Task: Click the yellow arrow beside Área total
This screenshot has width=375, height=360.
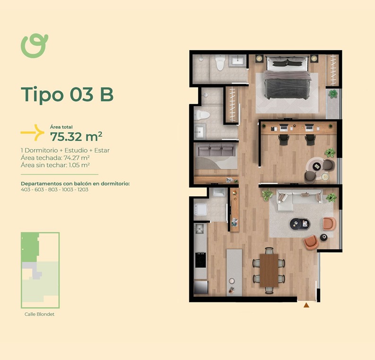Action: click(33, 132)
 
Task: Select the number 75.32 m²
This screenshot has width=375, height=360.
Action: click(76, 137)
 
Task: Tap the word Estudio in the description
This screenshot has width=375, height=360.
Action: click(76, 150)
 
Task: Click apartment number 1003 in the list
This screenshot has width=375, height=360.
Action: click(68, 189)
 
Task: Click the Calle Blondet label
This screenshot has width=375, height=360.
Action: click(39, 314)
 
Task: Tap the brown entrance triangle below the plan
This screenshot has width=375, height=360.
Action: click(306, 305)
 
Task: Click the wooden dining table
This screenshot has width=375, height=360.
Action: click(269, 270)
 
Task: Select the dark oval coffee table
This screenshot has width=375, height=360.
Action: click(300, 224)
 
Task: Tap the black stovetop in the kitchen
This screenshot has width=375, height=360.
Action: click(200, 260)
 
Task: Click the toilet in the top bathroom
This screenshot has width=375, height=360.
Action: click(220, 62)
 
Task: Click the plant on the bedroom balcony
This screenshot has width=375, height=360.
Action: click(332, 94)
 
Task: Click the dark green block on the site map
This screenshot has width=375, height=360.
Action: click(30, 247)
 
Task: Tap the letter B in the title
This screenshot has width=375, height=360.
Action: click(107, 95)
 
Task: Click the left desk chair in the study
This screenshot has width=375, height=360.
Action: click(284, 140)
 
